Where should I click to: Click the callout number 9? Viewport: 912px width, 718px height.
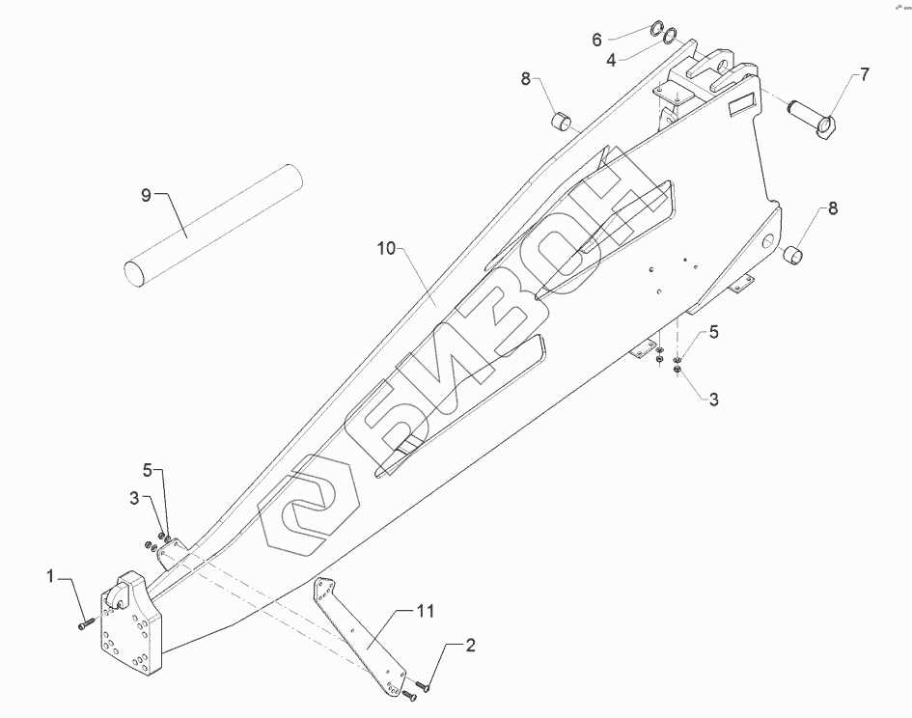click(147, 196)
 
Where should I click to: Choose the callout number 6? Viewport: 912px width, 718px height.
click(596, 40)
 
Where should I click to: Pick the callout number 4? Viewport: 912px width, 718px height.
click(611, 60)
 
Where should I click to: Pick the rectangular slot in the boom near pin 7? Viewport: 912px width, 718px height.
click(744, 103)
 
